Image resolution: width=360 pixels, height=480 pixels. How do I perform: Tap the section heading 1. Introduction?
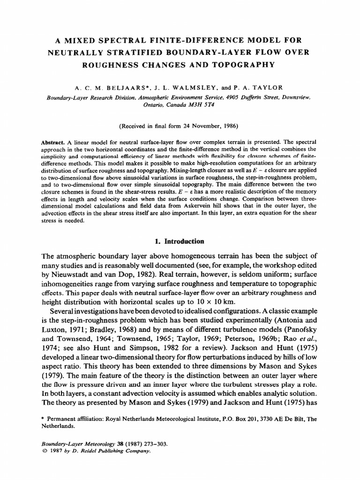pyautogui.click(x=180, y=241)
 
